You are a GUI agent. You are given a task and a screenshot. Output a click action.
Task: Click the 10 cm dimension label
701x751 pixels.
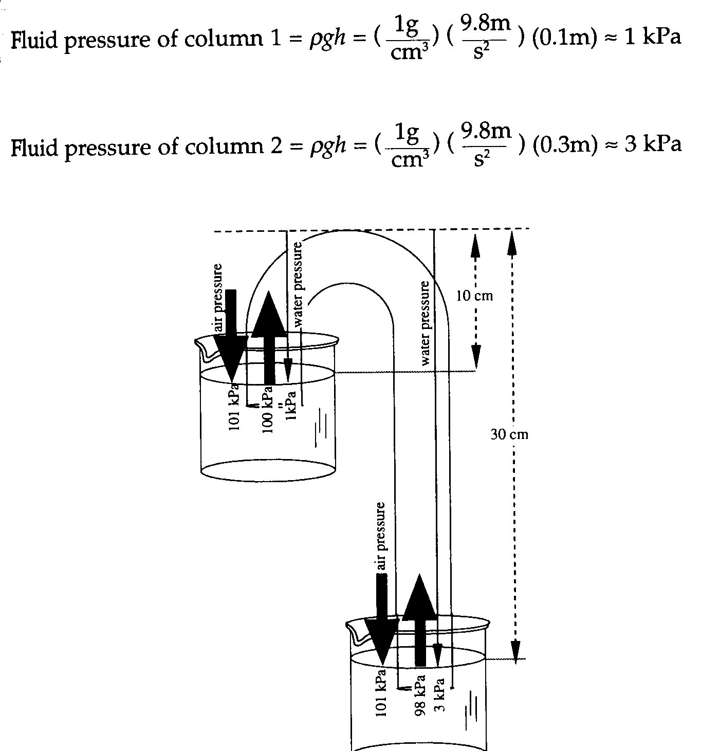474,296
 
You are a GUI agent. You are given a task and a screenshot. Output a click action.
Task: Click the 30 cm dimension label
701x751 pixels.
509,434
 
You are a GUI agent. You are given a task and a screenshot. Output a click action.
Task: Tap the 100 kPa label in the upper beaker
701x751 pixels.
267,410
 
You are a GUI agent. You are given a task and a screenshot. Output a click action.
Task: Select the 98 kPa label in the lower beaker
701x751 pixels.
420,696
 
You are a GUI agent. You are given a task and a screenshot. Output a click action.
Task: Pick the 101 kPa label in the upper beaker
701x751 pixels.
234,407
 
